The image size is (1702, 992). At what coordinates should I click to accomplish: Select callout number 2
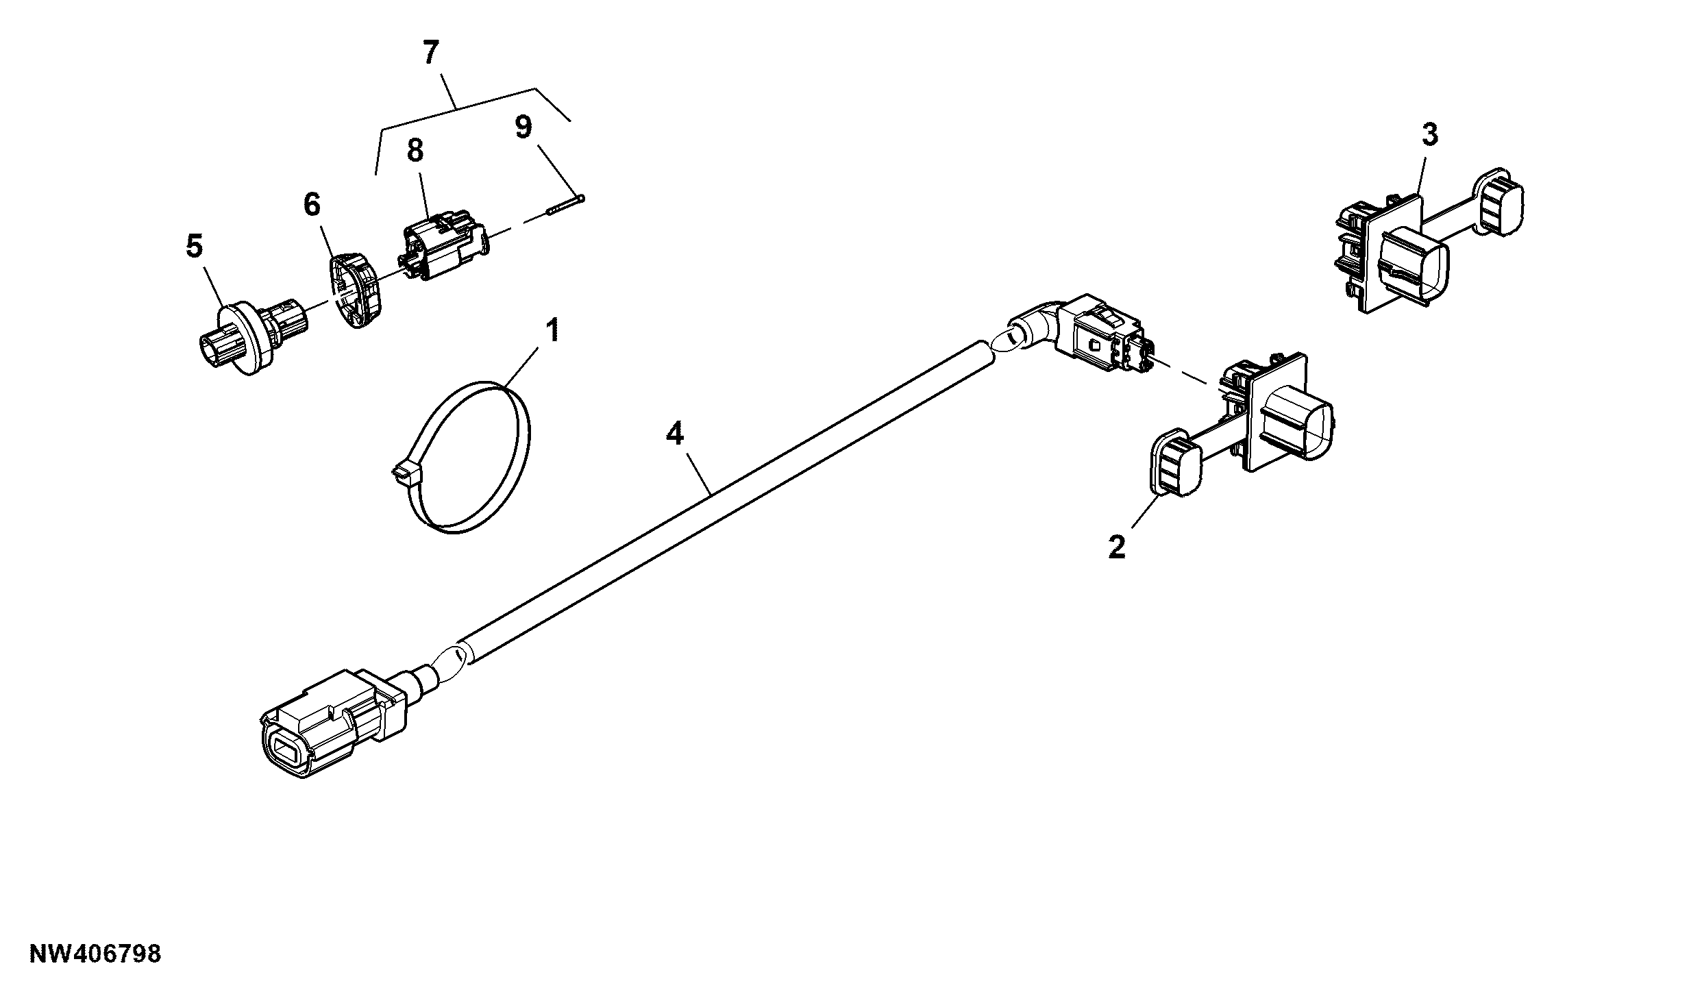pyautogui.click(x=1117, y=547)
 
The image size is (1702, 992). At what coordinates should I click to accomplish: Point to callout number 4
pyautogui.click(x=675, y=434)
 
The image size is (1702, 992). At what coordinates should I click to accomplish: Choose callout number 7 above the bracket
pyautogui.click(x=430, y=53)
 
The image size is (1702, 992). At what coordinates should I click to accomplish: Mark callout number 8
pyautogui.click(x=415, y=151)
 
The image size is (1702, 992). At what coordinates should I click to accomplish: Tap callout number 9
pyautogui.click(x=523, y=127)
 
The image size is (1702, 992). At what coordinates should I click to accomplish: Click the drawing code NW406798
pyautogui.click(x=95, y=954)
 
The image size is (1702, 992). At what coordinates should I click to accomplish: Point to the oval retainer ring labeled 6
pyautogui.click(x=356, y=290)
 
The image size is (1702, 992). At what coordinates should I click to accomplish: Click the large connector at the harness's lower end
pyautogui.click(x=333, y=727)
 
